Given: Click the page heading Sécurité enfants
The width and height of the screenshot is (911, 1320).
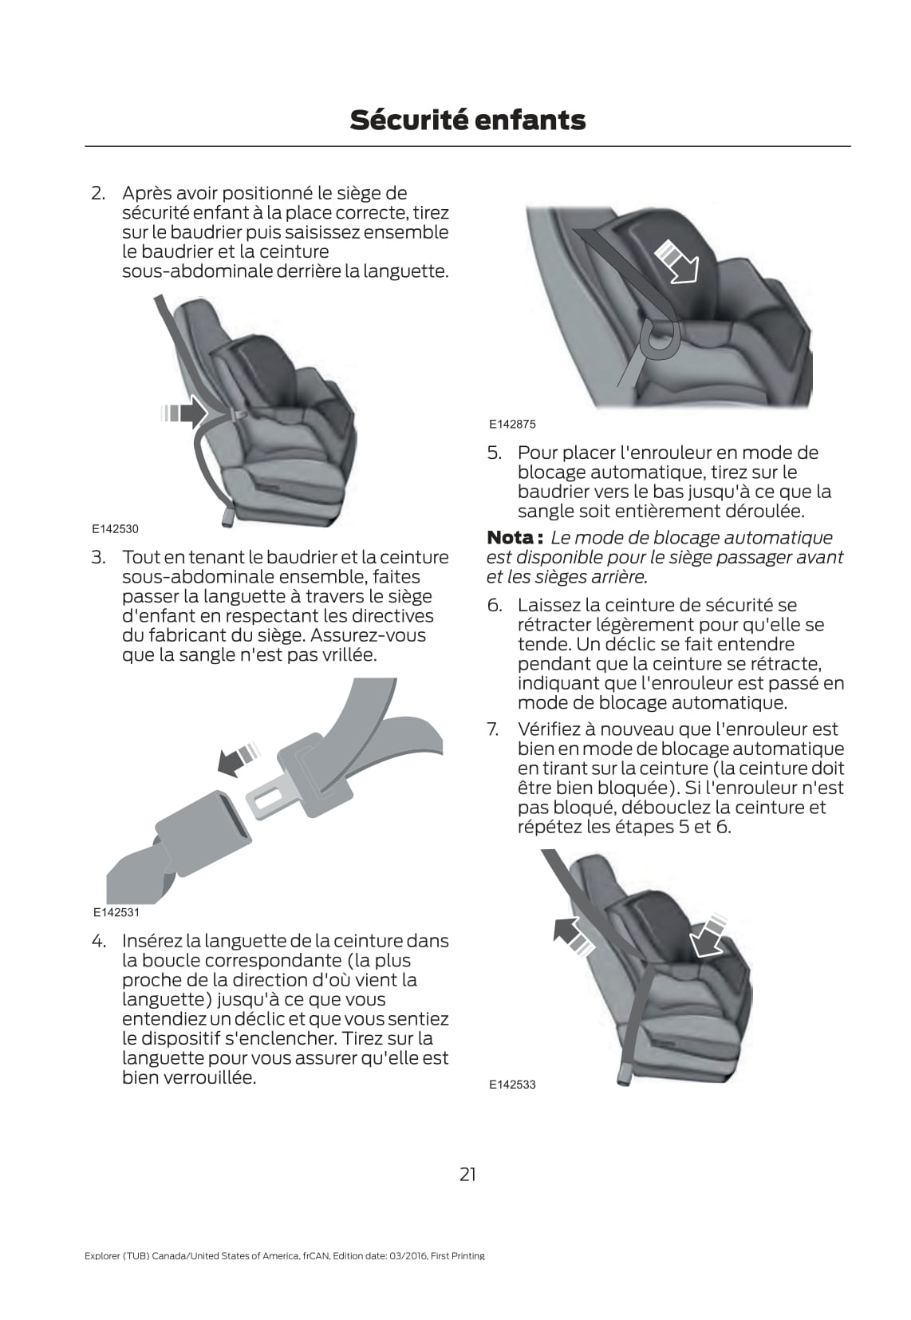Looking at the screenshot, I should pos(467,121).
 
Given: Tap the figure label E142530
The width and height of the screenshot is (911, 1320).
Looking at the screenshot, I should pos(115,528).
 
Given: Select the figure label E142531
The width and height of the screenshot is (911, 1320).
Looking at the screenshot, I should pos(116,912).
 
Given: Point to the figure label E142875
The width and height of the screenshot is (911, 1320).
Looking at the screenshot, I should pos(512,424).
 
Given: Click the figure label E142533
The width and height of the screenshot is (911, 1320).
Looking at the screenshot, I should pos(512,1084).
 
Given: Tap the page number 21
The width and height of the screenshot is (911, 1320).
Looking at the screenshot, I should pos(467,1173).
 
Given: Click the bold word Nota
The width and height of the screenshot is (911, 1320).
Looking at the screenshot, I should pos(510,538).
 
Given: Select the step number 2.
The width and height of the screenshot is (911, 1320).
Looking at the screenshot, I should pos(97,193).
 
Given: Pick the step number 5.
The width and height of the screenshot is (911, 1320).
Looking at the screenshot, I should pos(495,453).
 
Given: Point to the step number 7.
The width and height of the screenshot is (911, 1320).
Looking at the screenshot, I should pos(494,729).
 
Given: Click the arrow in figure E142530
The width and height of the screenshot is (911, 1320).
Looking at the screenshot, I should pos(183,413).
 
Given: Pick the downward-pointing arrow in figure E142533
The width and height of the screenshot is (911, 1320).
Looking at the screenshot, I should pos(708,934).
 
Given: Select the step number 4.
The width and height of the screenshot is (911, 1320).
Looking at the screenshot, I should pos(98,941).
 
